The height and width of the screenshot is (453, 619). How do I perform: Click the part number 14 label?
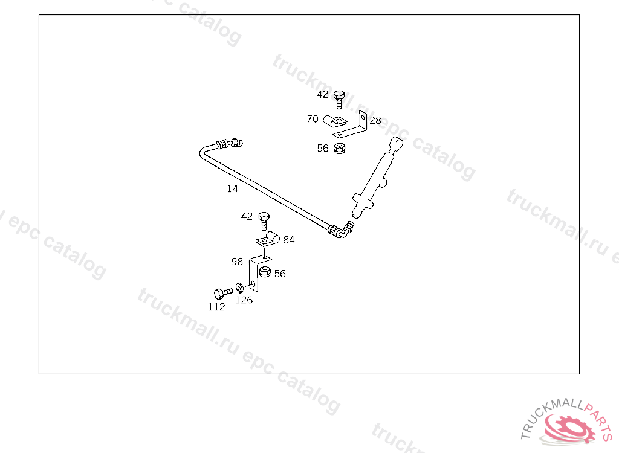coord(233,188)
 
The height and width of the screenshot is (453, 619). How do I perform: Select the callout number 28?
coord(375,121)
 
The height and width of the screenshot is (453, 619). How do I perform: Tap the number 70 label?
coord(312,119)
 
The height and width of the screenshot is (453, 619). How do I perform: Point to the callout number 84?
coord(289,240)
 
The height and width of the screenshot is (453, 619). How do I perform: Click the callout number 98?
coord(236,262)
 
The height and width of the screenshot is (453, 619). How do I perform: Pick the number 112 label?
coord(216,307)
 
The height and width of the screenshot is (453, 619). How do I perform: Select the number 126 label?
coord(244,300)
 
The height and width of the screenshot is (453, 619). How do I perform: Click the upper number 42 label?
coord(322,94)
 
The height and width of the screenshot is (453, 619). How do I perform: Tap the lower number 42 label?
coord(247,216)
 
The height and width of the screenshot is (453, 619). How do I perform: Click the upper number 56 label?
coord(323,148)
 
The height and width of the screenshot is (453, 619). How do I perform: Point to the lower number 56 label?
coord(279,274)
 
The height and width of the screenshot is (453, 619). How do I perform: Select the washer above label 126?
coord(241,286)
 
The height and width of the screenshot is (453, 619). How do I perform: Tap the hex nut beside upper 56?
coord(339,148)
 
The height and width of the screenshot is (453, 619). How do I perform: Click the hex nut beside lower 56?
coord(264,272)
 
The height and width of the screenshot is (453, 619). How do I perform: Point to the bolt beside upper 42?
coord(339,98)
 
